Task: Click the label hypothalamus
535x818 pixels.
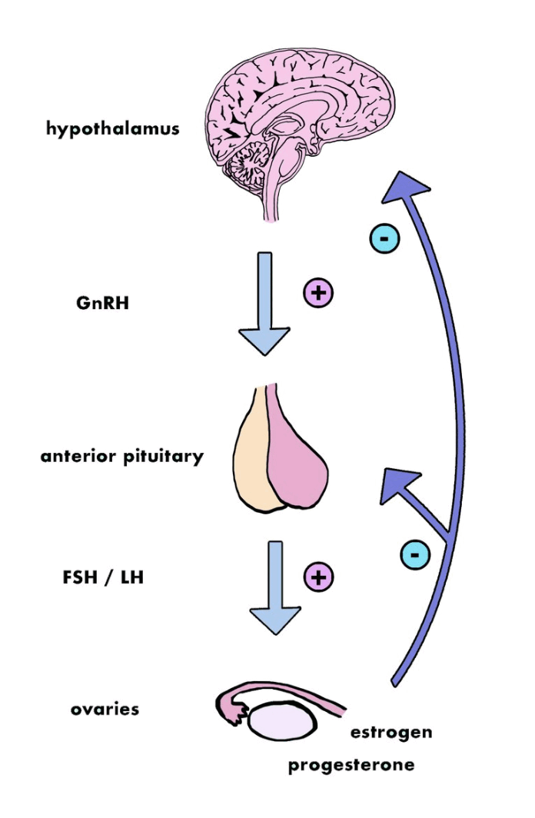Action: tap(113, 128)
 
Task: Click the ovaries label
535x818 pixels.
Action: tap(105, 708)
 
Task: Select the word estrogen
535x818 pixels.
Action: tap(391, 731)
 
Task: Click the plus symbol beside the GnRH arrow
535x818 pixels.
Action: tap(317, 293)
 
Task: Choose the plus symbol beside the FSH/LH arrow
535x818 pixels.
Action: tap(319, 576)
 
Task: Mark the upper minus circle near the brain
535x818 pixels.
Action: tap(384, 238)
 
